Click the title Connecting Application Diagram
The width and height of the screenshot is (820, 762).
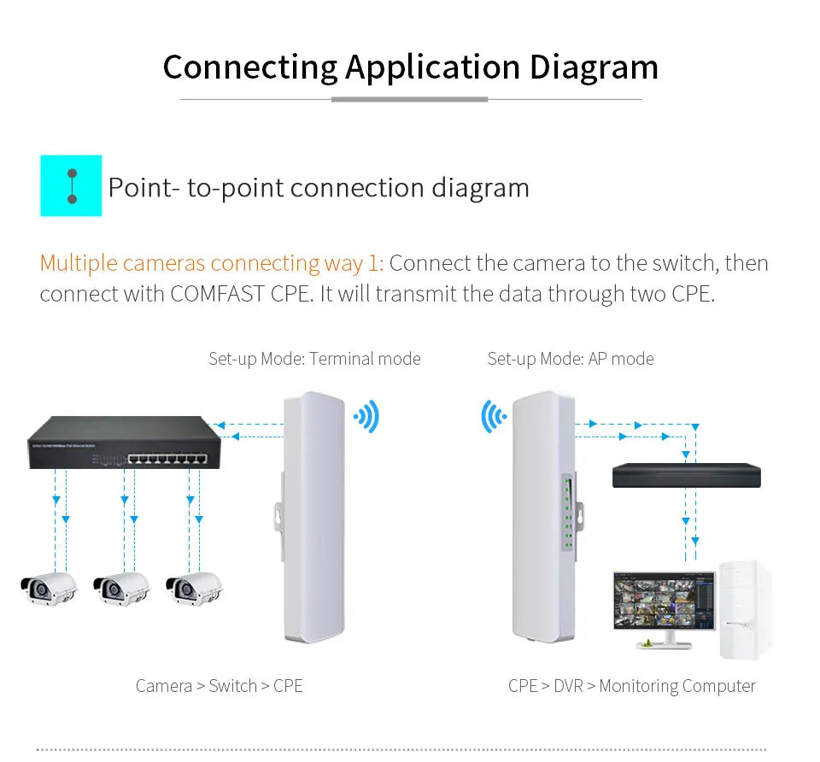click(x=410, y=67)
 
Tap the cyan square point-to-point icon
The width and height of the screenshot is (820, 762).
click(x=71, y=185)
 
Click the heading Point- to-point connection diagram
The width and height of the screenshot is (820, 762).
click(x=319, y=188)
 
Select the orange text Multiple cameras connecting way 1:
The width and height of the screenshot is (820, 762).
click(x=212, y=263)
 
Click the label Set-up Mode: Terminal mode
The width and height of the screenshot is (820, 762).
click(x=314, y=359)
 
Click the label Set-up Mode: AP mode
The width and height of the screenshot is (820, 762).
click(x=571, y=359)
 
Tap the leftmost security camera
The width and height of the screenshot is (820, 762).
click(x=49, y=588)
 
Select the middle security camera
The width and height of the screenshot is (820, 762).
click(x=121, y=588)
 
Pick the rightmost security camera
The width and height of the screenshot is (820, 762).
click(x=194, y=588)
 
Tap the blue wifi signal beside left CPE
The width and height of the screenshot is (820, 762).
click(x=367, y=418)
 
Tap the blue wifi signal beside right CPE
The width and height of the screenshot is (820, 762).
click(x=493, y=416)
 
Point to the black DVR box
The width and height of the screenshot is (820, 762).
click(x=686, y=475)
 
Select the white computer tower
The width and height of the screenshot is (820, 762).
click(x=744, y=609)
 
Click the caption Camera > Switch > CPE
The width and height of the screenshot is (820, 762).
click(x=220, y=686)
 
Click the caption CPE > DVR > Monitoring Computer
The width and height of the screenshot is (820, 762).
click(x=631, y=686)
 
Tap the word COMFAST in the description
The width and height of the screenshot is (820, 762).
click(x=218, y=294)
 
